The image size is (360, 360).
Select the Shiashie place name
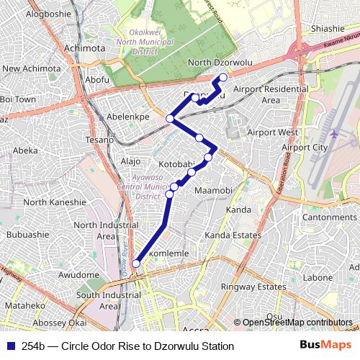pos(328,29)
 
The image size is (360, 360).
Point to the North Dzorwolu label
pos(220,63)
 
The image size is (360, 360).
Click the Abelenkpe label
pos(127,116)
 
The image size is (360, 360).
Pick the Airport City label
pos(305,148)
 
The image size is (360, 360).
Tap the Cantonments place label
pos(330,217)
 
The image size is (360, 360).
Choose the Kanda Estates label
pos(233,235)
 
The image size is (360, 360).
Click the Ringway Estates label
pos(253,287)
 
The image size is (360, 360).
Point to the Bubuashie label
pos(28,235)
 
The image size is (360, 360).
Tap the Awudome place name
pos(78,274)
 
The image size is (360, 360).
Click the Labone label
pos(318,277)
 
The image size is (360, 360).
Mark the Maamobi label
pos(212,190)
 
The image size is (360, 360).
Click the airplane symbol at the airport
pos(334,133)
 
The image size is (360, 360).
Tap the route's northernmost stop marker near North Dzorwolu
pos(223,77)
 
